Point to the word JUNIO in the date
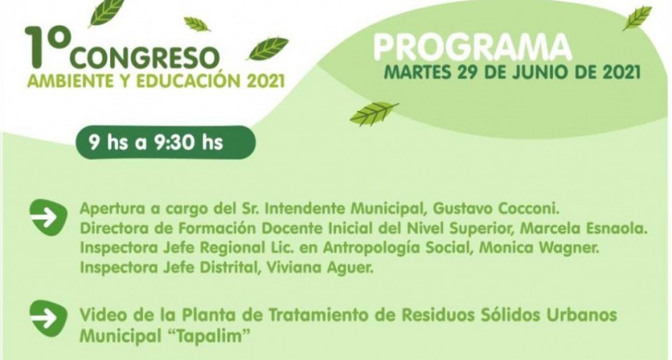[533, 73]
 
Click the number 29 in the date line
[471, 73]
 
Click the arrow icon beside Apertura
[48, 216]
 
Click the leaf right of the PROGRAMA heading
[637, 18]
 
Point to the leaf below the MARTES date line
[374, 114]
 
